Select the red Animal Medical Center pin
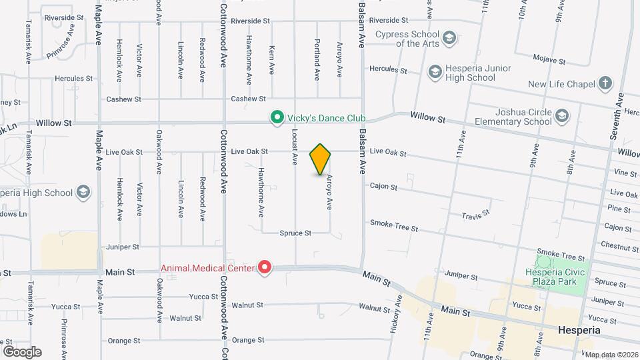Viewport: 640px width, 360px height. pos(265,268)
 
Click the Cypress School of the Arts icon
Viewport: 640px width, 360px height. pos(450,38)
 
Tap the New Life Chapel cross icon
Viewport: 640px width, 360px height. pos(605,84)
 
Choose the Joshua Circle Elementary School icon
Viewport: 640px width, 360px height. pos(562,117)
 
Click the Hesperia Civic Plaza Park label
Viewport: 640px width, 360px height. pos(555,277)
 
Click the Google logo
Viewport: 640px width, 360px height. pos(22,351)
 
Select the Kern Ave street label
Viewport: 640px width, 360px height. pos(272,60)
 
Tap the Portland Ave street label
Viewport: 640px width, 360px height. pos(317,51)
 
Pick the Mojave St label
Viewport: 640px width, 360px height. pos(552,61)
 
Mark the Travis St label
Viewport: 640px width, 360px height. pos(476,215)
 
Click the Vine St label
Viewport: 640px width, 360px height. pos(625,173)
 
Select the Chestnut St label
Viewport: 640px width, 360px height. pos(621,245)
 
